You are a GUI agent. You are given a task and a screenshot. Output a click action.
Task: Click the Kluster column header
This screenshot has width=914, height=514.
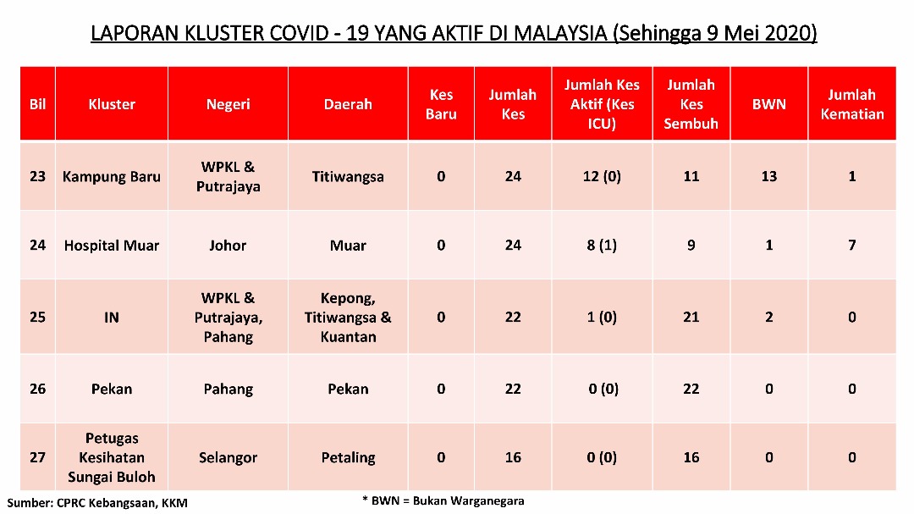tap(112, 104)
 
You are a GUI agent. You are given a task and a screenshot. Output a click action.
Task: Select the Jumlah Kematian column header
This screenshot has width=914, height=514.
tap(851, 104)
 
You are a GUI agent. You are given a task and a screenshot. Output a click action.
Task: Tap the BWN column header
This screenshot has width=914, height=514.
tap(768, 104)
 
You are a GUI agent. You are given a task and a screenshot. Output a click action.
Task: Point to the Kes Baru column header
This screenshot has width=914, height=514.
tap(441, 104)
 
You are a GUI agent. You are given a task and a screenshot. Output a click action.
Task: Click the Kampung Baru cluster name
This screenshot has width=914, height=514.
tap(112, 177)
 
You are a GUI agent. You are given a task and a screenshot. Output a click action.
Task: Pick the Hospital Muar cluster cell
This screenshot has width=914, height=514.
tap(112, 246)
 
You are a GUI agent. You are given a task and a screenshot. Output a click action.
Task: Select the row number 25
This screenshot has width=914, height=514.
tap(37, 317)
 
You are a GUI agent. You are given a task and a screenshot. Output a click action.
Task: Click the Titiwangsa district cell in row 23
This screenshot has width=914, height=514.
tap(348, 177)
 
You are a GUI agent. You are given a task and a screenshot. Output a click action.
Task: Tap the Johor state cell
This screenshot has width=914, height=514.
tap(228, 246)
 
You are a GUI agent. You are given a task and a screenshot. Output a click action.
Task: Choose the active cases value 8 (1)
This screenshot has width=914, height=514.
tap(602, 246)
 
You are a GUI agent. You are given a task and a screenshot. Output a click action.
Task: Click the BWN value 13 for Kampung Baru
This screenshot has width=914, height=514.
tap(768, 177)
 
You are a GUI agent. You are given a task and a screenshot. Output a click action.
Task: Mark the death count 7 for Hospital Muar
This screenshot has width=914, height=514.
tap(851, 245)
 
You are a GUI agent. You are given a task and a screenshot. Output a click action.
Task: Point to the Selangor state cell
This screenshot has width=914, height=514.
tap(228, 458)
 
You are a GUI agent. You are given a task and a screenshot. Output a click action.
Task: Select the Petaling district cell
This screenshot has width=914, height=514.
tap(348, 458)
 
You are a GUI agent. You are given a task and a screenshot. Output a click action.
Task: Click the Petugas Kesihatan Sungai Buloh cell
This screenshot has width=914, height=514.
tap(112, 457)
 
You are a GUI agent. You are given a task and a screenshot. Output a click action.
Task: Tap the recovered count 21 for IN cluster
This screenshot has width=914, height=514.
tap(691, 317)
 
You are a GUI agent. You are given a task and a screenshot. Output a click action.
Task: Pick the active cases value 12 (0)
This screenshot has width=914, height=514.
tap(602, 177)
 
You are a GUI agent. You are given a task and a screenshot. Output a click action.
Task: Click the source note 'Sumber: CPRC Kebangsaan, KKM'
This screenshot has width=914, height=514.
tap(97, 503)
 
